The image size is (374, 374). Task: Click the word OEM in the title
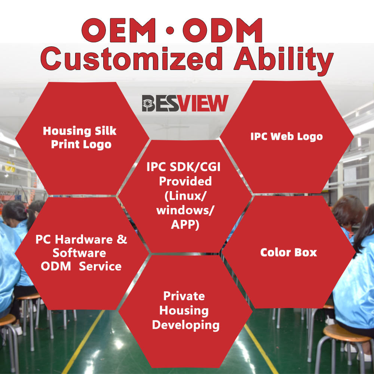point(119,30)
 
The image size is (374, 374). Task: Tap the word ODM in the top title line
point(223,30)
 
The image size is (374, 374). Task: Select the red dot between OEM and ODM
point(169,30)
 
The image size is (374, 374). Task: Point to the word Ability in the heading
point(283,61)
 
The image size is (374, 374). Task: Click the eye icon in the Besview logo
point(148,103)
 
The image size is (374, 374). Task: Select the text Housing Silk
point(79,131)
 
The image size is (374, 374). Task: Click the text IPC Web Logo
point(286,137)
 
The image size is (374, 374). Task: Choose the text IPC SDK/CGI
point(183,167)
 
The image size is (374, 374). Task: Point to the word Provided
point(186,181)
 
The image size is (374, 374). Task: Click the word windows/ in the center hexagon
point(185,210)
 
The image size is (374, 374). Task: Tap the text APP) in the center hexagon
point(185,224)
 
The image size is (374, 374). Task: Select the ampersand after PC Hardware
point(122,239)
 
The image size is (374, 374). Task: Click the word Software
point(79,253)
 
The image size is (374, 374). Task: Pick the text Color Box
point(289,252)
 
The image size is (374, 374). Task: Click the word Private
point(184,296)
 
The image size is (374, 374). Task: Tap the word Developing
point(186,325)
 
